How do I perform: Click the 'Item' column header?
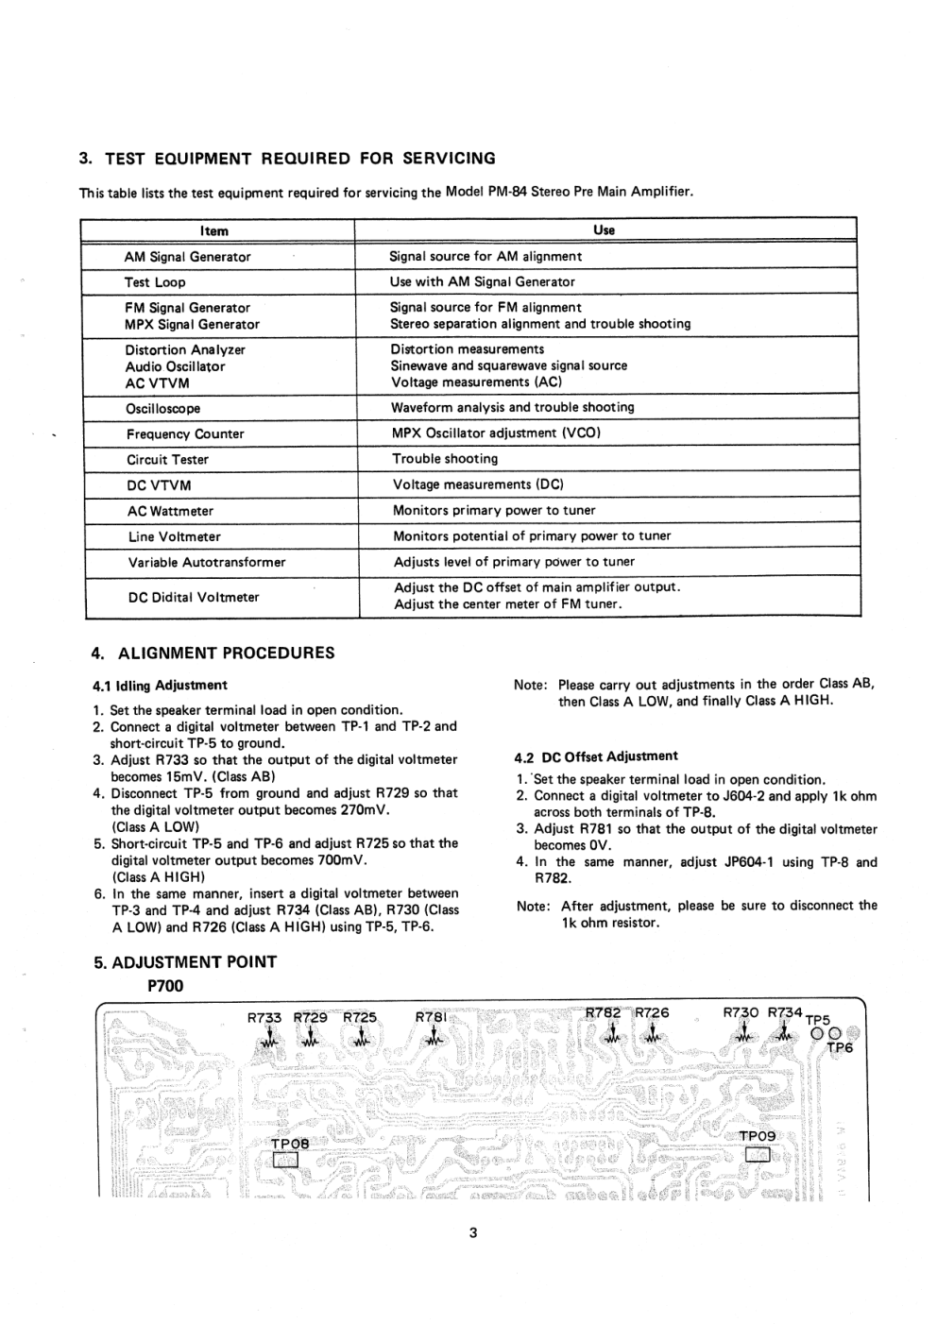pyautogui.click(x=214, y=230)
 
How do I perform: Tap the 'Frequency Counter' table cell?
pyautogui.click(x=185, y=434)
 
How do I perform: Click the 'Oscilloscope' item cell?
pyautogui.click(x=163, y=409)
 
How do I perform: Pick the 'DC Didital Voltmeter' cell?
pyautogui.click(x=194, y=597)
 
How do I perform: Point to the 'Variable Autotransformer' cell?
pyautogui.click(x=207, y=563)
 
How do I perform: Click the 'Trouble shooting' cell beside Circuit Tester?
pyautogui.click(x=445, y=459)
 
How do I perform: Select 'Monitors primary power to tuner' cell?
pyautogui.click(x=494, y=511)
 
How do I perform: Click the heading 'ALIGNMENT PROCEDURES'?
pyautogui.click(x=226, y=653)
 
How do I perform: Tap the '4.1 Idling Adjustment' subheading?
pyautogui.click(x=160, y=686)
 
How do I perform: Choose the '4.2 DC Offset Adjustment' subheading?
pyautogui.click(x=596, y=756)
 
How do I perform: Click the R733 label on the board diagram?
pyautogui.click(x=264, y=1018)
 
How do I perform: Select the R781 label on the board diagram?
pyautogui.click(x=433, y=1018)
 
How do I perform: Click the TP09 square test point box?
pyautogui.click(x=758, y=1155)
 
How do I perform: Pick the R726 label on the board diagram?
pyautogui.click(x=651, y=1012)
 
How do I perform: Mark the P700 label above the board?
pyautogui.click(x=165, y=986)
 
